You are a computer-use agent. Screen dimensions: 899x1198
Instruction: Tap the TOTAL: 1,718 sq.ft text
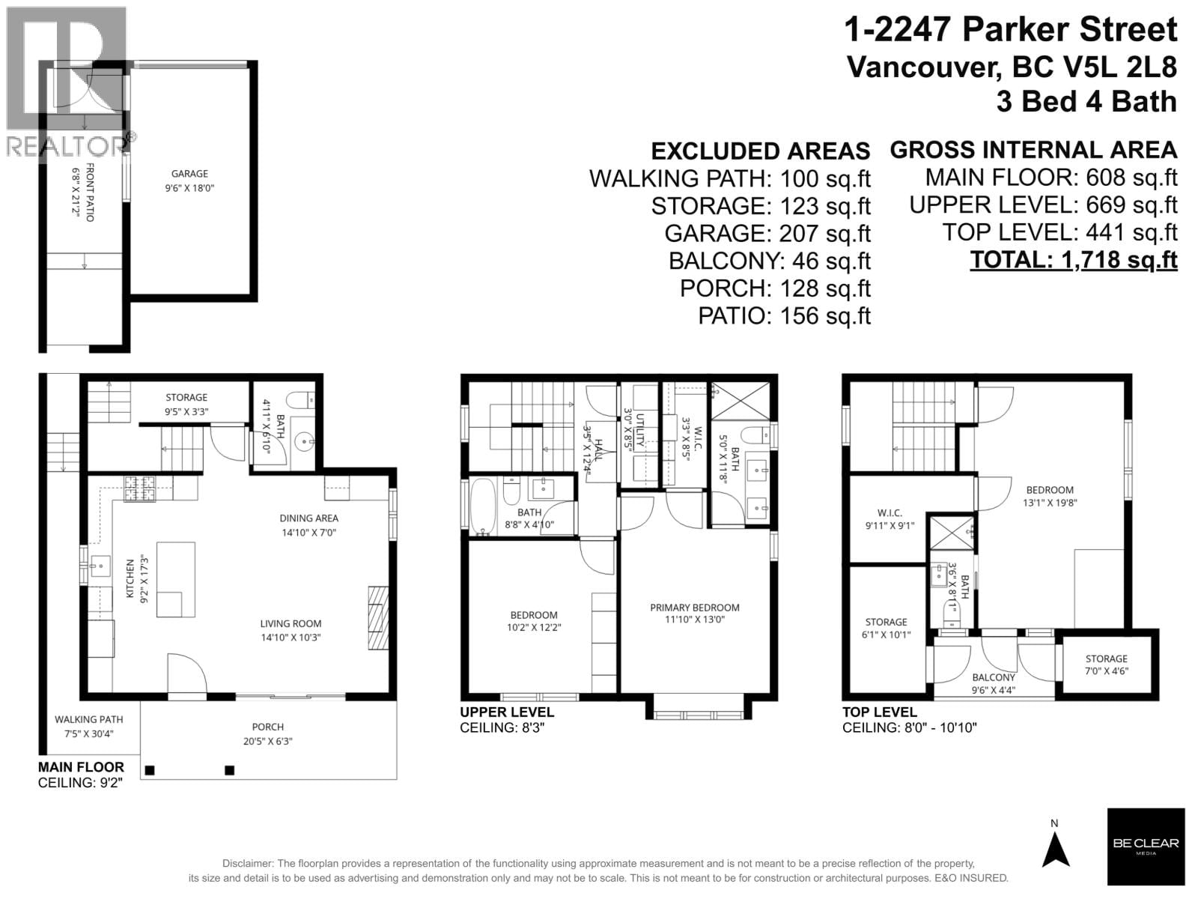tap(1073, 260)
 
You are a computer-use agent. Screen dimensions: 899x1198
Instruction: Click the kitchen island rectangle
tap(176, 580)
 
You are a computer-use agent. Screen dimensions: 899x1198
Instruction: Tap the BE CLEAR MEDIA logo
tap(1146, 847)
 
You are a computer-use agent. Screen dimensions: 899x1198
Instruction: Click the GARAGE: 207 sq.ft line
tap(767, 234)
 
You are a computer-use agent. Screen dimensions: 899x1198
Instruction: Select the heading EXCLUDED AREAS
tap(760, 151)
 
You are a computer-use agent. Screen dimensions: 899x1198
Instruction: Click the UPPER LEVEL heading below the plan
tap(507, 712)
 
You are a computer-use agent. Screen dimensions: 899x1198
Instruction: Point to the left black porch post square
tap(150, 770)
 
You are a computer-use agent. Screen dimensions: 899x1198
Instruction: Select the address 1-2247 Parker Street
tap(1010, 31)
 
